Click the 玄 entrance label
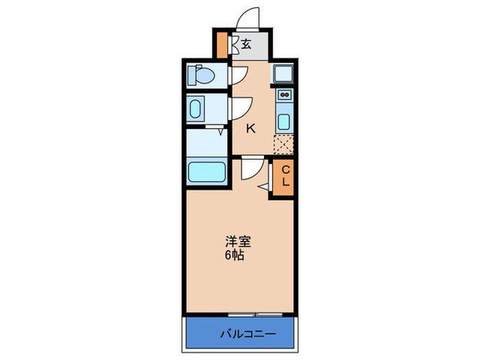[245, 45]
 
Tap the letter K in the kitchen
[251, 128]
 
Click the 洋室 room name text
[239, 242]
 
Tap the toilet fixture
[202, 75]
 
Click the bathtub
[206, 171]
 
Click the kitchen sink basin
[284, 122]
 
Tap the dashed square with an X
[283, 144]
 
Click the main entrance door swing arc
[249, 17]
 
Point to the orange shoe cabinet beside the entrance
[221, 44]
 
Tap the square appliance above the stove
[283, 73]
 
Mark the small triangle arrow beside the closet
[264, 185]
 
